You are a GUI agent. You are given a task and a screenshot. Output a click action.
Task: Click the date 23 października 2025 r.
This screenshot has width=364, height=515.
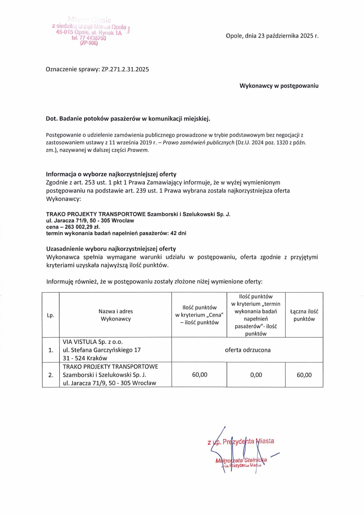click(288, 36)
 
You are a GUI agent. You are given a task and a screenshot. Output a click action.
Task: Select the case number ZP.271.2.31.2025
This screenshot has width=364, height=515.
click(125, 69)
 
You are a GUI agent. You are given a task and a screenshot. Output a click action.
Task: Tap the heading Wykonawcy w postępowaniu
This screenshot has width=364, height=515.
click(279, 86)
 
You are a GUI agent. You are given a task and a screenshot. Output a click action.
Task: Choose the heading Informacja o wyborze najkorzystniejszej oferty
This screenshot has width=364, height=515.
click(111, 174)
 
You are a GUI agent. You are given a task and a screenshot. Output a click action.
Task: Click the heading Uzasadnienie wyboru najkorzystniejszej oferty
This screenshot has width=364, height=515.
click(111, 249)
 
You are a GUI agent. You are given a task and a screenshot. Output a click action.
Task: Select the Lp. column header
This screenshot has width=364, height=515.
click(51, 315)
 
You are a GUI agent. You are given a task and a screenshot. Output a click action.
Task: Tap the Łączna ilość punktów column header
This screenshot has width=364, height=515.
click(304, 315)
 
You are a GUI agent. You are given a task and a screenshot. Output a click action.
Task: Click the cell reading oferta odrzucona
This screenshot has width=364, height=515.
click(248, 350)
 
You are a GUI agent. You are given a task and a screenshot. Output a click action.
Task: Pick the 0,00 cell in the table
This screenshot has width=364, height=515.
click(256, 375)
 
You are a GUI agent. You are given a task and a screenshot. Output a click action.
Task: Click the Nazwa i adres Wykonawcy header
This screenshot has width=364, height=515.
click(116, 315)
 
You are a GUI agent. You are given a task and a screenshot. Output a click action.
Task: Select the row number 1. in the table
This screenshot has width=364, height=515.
click(51, 350)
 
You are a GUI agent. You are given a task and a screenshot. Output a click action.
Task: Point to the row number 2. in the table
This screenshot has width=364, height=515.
click(51, 375)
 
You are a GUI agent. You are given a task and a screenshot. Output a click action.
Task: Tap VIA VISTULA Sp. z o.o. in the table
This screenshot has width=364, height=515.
click(93, 342)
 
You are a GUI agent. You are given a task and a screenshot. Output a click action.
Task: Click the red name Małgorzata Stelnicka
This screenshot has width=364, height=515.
click(241, 460)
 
